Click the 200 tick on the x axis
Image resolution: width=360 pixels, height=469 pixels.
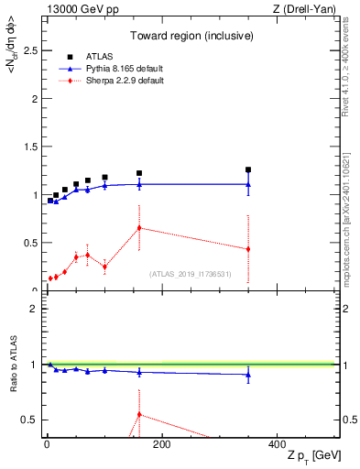pos(161,444)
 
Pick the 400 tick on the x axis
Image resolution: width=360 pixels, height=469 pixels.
pos(277,444)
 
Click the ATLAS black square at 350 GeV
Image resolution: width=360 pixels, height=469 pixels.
pos(248,169)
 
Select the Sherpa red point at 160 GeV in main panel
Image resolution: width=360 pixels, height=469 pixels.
pos(139,227)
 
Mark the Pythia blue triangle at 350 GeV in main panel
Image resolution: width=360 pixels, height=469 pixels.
pos(248,184)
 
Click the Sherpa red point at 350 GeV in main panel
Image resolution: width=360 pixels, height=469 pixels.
pos(248,249)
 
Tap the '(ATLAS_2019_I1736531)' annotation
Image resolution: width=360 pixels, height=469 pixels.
pos(191,274)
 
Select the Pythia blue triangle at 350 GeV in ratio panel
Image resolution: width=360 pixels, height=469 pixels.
pos(248,374)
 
